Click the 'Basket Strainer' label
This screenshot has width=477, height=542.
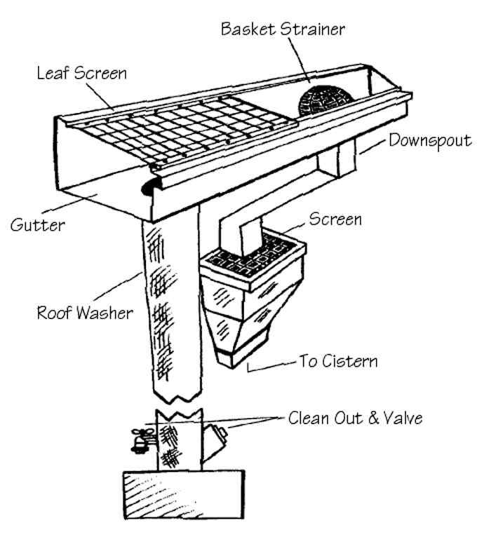click(x=283, y=29)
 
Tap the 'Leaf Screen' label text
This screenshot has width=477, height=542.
click(x=83, y=72)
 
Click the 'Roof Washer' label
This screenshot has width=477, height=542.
click(x=85, y=312)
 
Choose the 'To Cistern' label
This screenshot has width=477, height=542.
click(x=338, y=362)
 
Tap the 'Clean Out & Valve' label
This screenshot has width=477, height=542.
click(x=356, y=419)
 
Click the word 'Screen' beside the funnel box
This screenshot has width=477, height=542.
click(x=335, y=219)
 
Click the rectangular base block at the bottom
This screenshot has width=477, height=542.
click(x=184, y=494)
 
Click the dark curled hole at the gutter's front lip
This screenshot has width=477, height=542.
click(x=149, y=186)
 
